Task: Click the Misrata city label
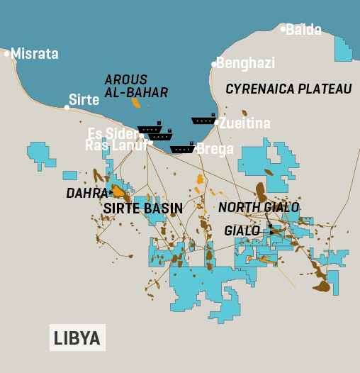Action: coord(35,54)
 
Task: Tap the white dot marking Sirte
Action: coord(67,108)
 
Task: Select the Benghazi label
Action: coord(245,63)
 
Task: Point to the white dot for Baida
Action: coord(283,29)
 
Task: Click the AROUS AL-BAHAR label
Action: coord(136,86)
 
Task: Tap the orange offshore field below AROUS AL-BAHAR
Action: coord(136,103)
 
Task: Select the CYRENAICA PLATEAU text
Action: coord(288,89)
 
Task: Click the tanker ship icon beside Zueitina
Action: coord(204,121)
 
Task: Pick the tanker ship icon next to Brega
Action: coord(182,149)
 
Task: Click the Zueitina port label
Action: coord(244,123)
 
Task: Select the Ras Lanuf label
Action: coord(116,145)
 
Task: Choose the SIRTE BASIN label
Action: coord(143,208)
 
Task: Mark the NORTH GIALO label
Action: coord(259,207)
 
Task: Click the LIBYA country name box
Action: coord(77,338)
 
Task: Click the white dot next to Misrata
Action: coord(7,53)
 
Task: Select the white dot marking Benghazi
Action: coord(213,64)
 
